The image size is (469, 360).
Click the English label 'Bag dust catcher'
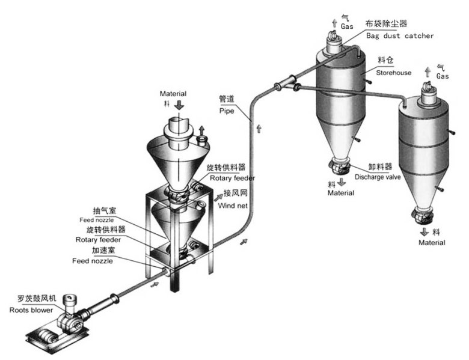pos(399,35)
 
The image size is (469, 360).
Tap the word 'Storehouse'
pos(394,73)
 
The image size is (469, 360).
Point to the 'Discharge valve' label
pos(378,177)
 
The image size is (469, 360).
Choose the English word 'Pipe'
pos(227,111)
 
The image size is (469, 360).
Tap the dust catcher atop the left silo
pos(334,43)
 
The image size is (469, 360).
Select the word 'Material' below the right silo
pos(432,243)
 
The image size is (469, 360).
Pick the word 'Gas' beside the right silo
pos(443,77)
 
